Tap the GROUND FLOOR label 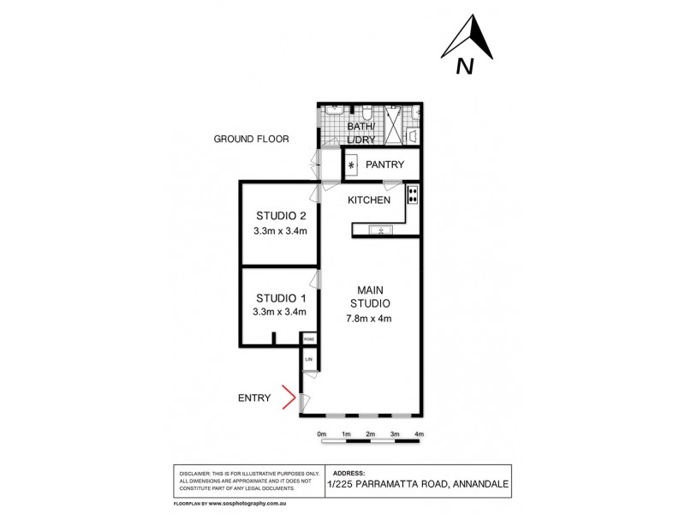pos(251,139)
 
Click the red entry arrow pos(290,397)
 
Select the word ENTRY pos(254,397)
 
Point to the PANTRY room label pos(384,164)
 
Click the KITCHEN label pos(369,200)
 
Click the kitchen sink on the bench pos(377,230)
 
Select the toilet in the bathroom pos(366,112)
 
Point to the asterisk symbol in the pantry pos(350,164)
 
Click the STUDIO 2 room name pos(280,215)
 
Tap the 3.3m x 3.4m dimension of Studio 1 pos(280,313)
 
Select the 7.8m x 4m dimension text pos(370,320)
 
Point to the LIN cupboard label pos(308,360)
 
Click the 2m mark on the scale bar pos(371,434)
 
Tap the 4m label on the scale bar pos(419,434)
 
